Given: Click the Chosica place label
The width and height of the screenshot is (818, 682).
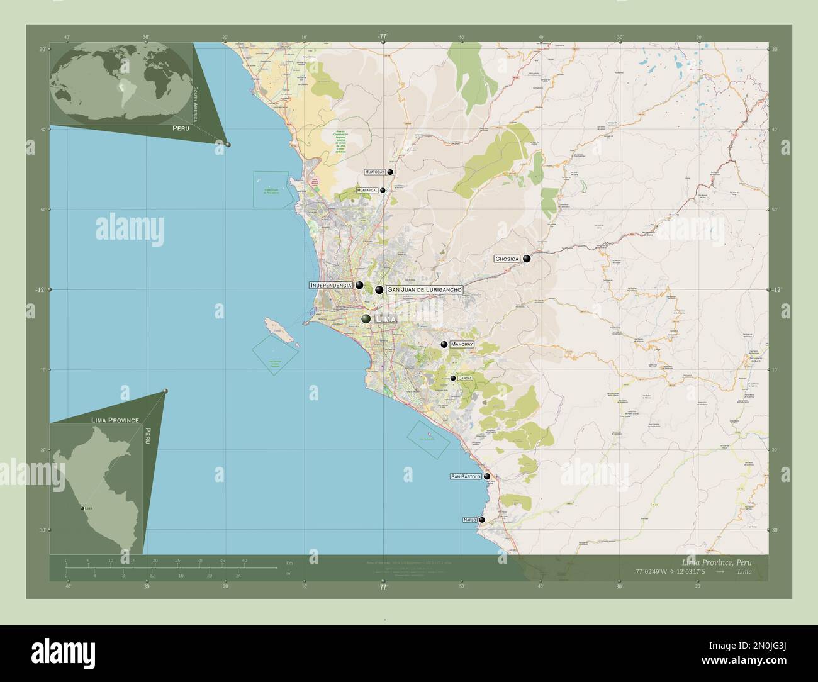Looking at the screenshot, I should [x=507, y=259].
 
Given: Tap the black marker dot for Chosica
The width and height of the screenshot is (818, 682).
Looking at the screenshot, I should [x=527, y=258].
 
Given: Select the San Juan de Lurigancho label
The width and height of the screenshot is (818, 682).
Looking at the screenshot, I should [x=425, y=289].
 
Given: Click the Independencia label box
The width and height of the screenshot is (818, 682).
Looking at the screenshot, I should [x=330, y=285].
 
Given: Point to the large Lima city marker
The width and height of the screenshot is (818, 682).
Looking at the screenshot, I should [x=366, y=319].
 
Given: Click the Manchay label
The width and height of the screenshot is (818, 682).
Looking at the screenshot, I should [x=461, y=344].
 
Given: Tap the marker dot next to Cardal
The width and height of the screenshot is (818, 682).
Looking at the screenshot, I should [x=453, y=378].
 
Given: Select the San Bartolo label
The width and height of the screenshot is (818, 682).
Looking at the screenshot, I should [x=466, y=477].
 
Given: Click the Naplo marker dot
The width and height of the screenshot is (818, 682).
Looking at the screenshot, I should [x=482, y=520].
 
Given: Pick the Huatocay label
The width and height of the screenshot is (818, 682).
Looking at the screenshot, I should [x=375, y=172].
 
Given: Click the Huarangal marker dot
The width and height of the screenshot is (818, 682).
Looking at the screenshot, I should [x=383, y=190].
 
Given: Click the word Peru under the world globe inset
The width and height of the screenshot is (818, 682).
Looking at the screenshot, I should [x=181, y=127].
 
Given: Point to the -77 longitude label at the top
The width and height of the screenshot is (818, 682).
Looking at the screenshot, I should [x=382, y=37].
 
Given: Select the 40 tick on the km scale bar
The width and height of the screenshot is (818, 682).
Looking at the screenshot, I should [x=244, y=560].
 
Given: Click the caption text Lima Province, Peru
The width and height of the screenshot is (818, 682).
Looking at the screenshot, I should [x=716, y=561].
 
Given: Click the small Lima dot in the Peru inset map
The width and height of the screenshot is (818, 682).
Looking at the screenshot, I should [x=82, y=507].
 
